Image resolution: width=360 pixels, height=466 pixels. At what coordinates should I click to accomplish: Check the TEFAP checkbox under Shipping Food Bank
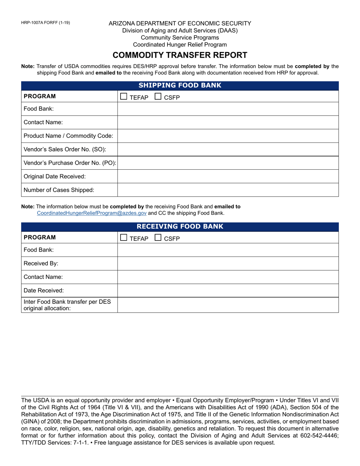pyautogui.click(x=124, y=97)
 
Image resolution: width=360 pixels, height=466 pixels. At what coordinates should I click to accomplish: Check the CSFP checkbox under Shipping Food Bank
pyautogui.click(x=158, y=97)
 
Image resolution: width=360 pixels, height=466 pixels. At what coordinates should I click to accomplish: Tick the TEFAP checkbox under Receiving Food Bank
pyautogui.click(x=124, y=238)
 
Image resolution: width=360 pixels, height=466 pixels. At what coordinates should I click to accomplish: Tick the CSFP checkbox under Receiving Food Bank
pyautogui.click(x=158, y=238)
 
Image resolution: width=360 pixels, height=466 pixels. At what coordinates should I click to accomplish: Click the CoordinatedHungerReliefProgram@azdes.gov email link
pyautogui.click(x=91, y=213)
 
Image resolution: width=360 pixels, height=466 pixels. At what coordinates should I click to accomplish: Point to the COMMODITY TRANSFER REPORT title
pyautogui.click(x=180, y=55)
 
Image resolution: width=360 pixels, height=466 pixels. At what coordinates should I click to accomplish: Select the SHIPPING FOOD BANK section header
pyautogui.click(x=180, y=86)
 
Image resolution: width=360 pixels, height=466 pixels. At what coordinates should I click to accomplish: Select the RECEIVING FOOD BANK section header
pyautogui.click(x=180, y=227)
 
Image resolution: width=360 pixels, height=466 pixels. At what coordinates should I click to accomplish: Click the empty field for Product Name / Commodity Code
pyautogui.click(x=228, y=136)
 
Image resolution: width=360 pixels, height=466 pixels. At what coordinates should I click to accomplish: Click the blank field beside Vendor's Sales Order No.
pyautogui.click(x=228, y=149)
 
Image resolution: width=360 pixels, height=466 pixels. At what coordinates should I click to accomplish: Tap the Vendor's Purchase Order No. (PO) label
pyautogui.click(x=70, y=163)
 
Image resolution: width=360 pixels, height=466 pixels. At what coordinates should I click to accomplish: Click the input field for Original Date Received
pyautogui.click(x=228, y=177)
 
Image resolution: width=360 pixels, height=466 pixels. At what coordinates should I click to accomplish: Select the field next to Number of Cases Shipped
pyautogui.click(x=228, y=190)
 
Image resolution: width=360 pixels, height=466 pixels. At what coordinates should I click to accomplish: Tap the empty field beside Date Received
pyautogui.click(x=228, y=291)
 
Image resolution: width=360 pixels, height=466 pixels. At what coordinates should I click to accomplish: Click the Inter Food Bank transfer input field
pyautogui.click(x=228, y=305)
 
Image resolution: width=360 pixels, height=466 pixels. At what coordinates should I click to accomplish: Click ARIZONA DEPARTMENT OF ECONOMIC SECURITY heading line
pyautogui.click(x=180, y=23)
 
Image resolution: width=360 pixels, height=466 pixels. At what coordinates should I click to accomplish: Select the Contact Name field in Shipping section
pyautogui.click(x=228, y=122)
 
